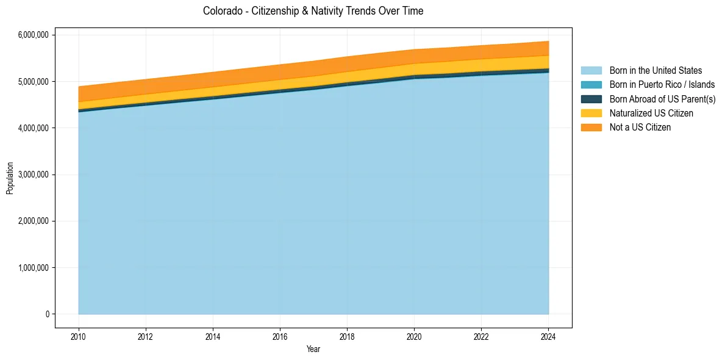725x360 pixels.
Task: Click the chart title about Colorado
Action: (x=313, y=11)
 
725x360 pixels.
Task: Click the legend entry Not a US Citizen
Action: (x=640, y=127)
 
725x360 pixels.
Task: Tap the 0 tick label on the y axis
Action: (x=46, y=314)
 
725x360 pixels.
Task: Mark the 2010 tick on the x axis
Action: (x=79, y=336)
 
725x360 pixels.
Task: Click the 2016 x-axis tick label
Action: (x=280, y=336)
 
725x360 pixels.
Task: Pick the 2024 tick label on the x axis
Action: (x=549, y=336)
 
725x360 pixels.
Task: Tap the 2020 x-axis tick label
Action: (x=415, y=336)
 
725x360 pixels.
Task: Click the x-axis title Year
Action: (x=313, y=350)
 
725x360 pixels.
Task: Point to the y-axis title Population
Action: (x=10, y=178)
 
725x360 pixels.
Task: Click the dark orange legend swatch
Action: (x=591, y=127)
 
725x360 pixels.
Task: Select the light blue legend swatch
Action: (x=591, y=71)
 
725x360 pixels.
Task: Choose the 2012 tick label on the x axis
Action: (x=146, y=336)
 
